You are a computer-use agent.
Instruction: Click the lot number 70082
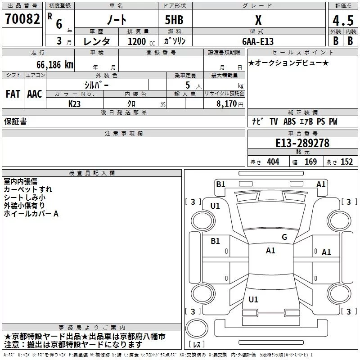click(23, 19)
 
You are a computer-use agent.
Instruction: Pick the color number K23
click(75, 103)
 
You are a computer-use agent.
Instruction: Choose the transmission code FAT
click(13, 94)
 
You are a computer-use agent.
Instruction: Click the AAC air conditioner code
click(35, 94)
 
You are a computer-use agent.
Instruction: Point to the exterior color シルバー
click(96, 84)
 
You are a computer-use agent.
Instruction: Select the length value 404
click(272, 162)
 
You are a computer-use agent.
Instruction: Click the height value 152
click(346, 162)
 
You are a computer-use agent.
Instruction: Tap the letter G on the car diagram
click(284, 237)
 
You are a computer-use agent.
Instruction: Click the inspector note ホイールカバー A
click(31, 214)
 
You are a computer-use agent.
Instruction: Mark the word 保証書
click(15, 121)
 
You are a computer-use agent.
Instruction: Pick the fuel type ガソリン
click(175, 41)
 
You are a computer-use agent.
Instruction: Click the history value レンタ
click(98, 41)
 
